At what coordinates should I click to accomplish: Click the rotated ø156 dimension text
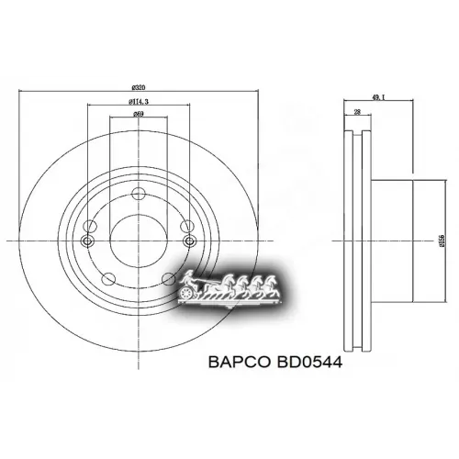coord(431,240)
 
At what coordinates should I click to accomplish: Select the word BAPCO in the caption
coord(231,363)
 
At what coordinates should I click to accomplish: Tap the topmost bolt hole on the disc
coord(139,193)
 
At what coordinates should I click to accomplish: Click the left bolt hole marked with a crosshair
coord(88,241)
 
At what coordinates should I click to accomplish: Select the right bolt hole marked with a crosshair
coord(189,241)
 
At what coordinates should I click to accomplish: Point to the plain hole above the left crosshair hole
coord(89,225)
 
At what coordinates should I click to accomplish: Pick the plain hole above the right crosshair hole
coord(187,225)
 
